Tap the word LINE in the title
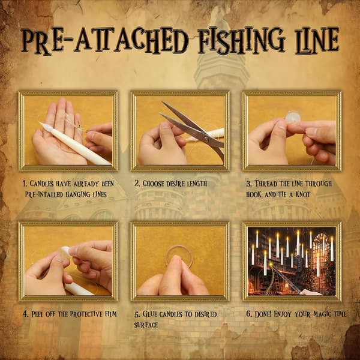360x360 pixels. point(317,41)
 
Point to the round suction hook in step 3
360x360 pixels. point(293,117)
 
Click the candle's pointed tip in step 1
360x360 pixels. point(41,123)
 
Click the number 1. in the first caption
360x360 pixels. point(25,184)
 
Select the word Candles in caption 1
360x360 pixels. point(41,184)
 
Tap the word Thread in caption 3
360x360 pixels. point(266,184)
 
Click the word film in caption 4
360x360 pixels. point(110,314)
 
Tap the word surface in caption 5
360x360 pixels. point(146,325)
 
